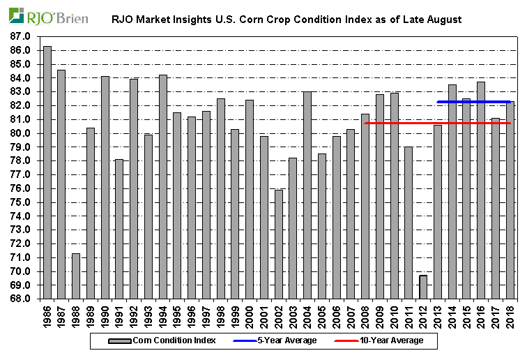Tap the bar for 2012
[423, 287]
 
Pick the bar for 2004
[307, 195]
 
